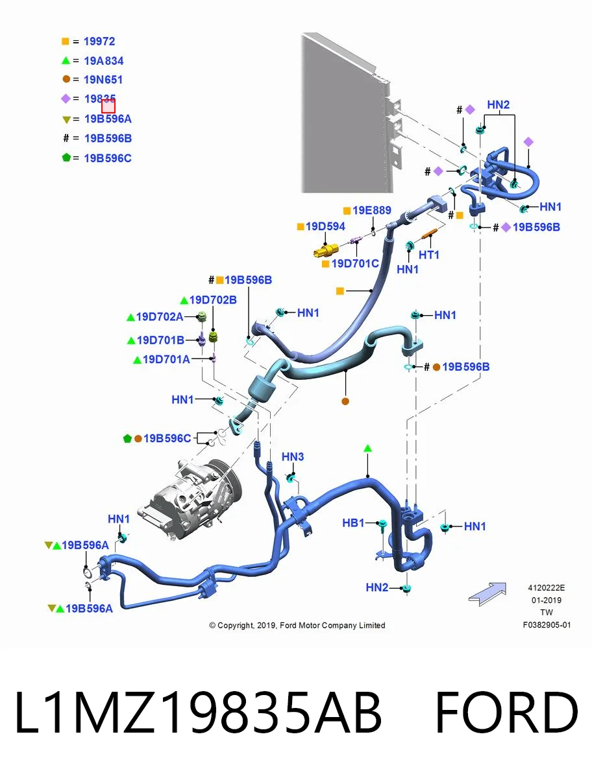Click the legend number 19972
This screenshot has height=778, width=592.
pos(99,41)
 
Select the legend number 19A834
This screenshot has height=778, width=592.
pos(104,61)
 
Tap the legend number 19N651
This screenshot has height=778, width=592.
pos(103,80)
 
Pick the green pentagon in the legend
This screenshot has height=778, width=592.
pos(66,158)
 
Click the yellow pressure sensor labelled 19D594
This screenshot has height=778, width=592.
pos(326,252)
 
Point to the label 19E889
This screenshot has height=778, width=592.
pos(372,210)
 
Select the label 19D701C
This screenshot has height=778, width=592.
pos(355,264)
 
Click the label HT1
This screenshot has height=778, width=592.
pos(429,255)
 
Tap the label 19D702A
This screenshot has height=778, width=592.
pos(160,317)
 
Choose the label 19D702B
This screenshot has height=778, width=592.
pos(213,300)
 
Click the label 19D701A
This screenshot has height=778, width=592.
pos(166,359)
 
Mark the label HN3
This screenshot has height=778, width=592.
pos(293,457)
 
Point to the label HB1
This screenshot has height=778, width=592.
pos(353,523)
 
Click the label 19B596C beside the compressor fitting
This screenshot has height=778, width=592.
pos(167,438)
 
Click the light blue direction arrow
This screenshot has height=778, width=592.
pos(488,594)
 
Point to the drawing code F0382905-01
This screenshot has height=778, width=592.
pos(547,625)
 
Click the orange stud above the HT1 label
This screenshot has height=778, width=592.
pos(429,234)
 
